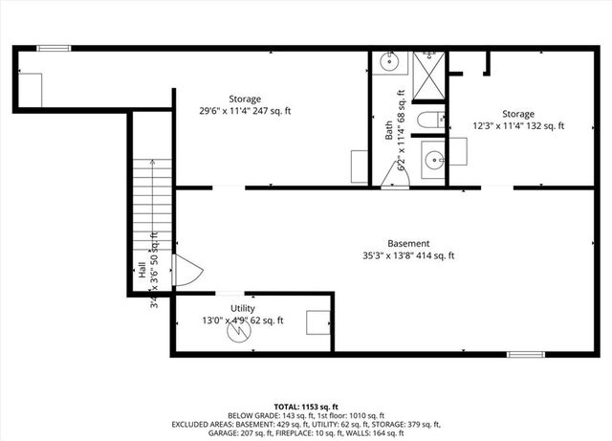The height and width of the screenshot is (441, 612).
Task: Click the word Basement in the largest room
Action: [x=408, y=243]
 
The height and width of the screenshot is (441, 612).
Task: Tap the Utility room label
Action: [x=242, y=308]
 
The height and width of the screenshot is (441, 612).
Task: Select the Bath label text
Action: [x=389, y=130]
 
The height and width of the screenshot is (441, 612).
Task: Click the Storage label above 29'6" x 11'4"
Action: [x=245, y=99]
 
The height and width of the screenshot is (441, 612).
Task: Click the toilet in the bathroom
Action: [x=428, y=120]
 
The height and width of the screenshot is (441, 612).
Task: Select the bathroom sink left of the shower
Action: [x=390, y=63]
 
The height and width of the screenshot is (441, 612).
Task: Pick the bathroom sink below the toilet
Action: [x=433, y=159]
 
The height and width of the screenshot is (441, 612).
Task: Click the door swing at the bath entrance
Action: [x=394, y=181]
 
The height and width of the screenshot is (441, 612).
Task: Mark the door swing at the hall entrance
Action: [x=185, y=272]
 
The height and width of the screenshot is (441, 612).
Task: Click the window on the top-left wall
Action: [x=54, y=48]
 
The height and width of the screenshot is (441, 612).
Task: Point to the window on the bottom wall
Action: [x=525, y=356]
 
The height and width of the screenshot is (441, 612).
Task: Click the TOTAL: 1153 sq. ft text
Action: [x=306, y=407]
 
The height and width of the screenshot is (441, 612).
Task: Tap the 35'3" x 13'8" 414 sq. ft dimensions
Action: [x=408, y=255]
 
